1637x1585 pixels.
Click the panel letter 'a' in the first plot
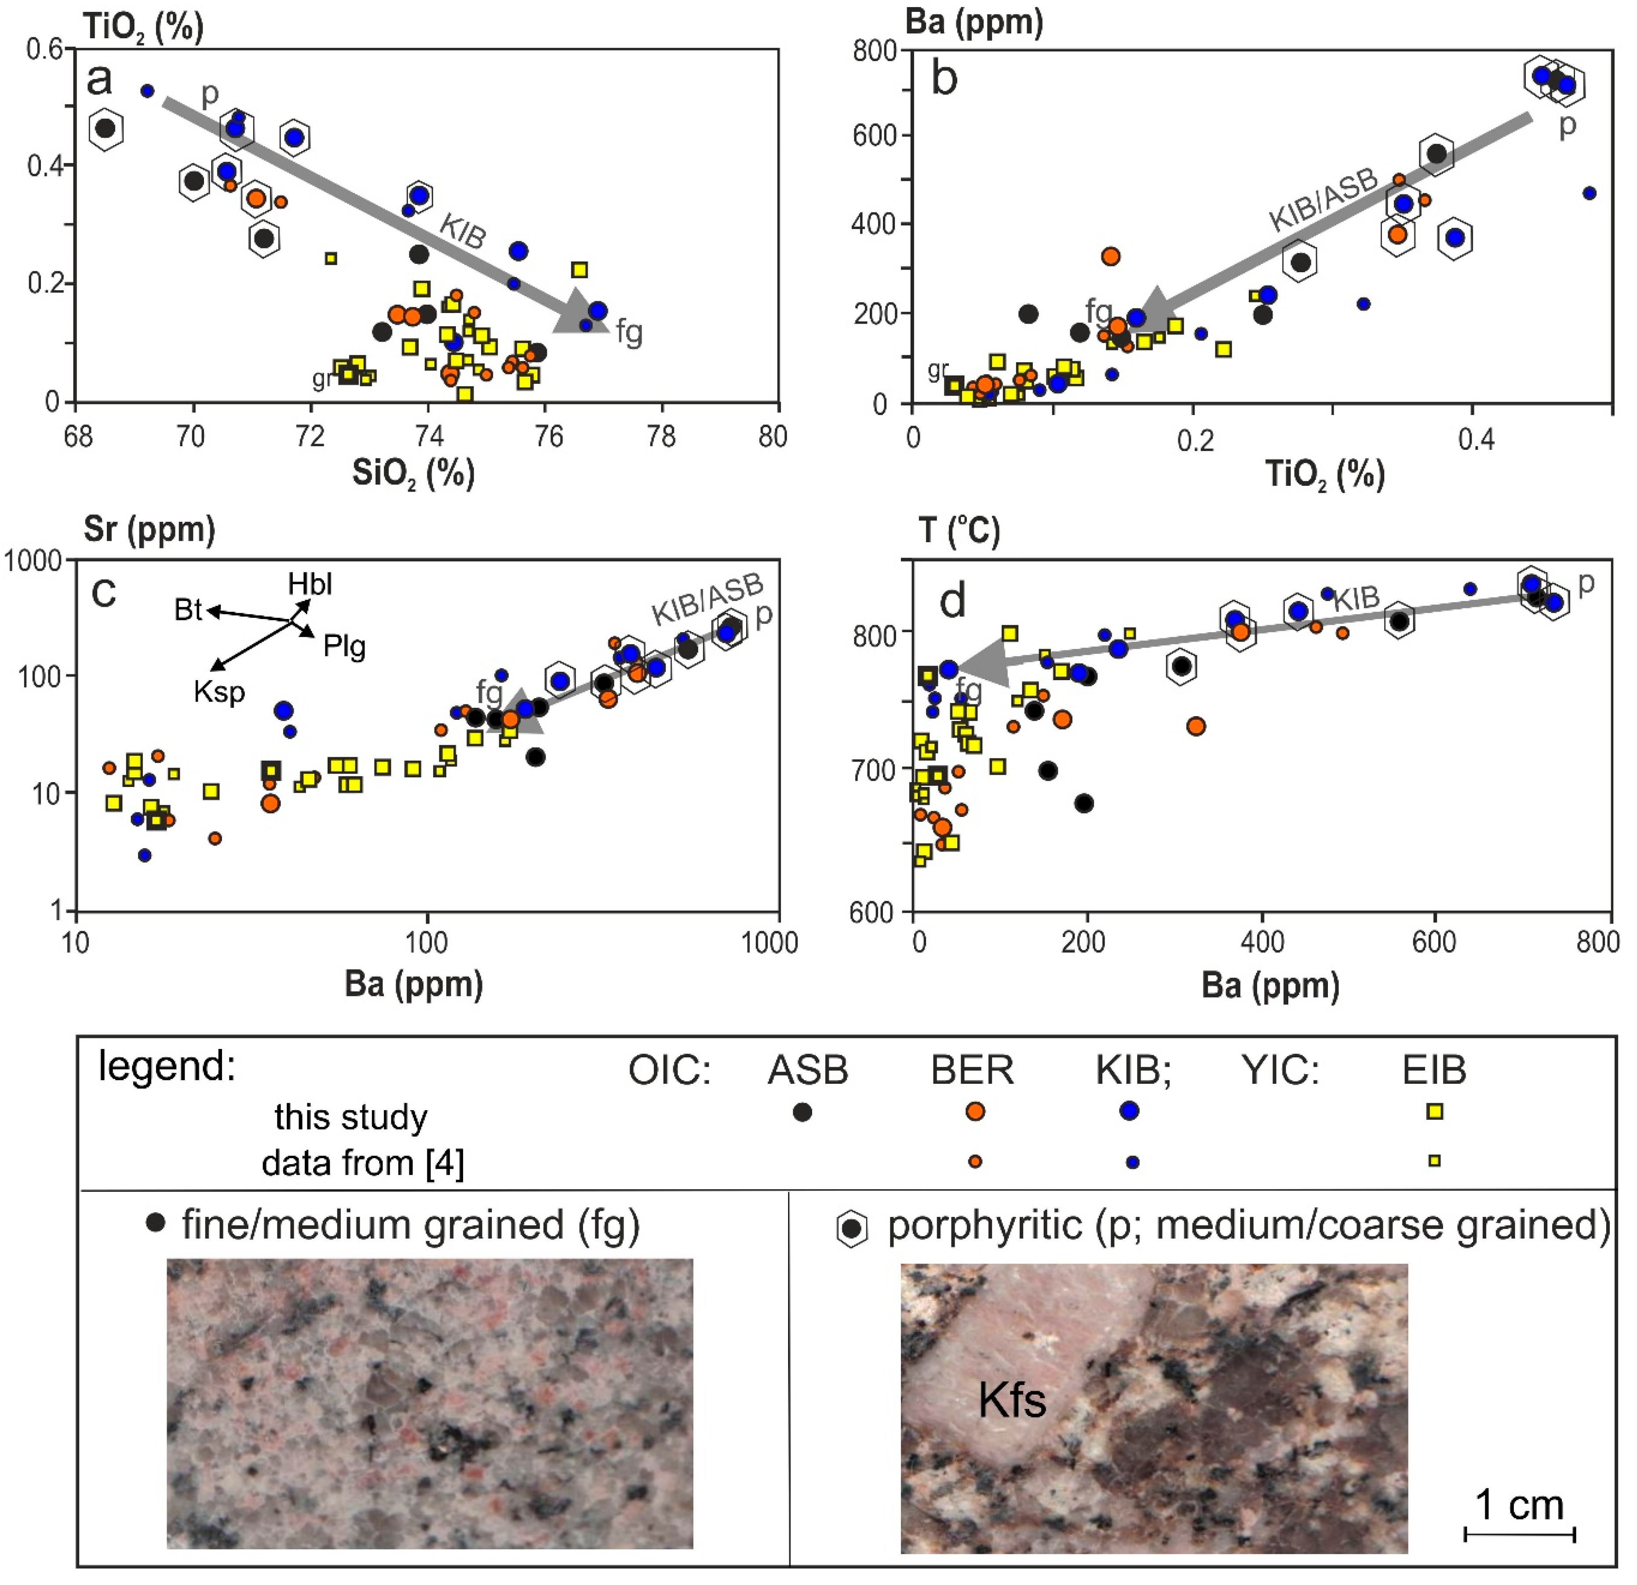[99, 81]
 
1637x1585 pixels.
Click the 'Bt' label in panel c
[188, 610]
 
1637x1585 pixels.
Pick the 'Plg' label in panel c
[345, 646]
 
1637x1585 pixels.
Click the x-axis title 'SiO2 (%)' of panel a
[413, 474]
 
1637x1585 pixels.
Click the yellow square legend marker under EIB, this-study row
[1434, 1111]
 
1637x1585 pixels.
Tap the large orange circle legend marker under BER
[974, 1111]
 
